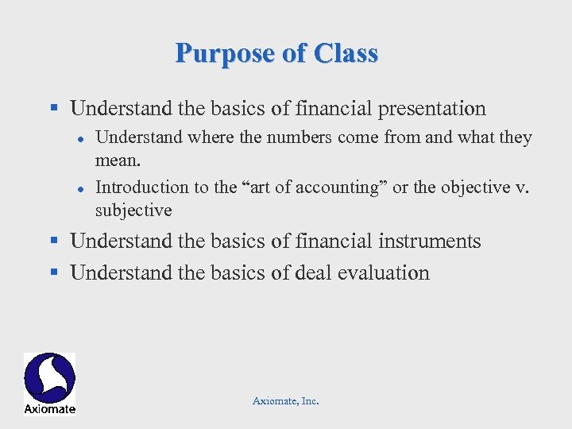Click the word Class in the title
(346, 53)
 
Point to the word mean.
(118, 160)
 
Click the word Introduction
(141, 187)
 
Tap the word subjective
(133, 210)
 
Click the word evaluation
(383, 273)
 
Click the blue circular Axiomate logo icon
(49, 377)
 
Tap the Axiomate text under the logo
(49, 408)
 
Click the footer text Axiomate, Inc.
(285, 401)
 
